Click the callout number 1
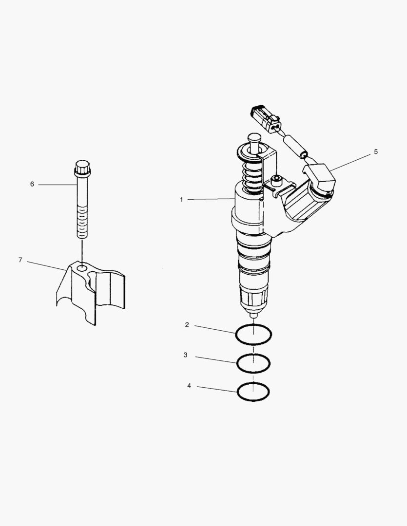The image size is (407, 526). [181, 199]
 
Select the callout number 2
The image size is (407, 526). [187, 325]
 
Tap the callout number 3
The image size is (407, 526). [185, 356]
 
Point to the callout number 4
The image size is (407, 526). [189, 386]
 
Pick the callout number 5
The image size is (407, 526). [375, 151]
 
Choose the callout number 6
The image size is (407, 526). [32, 184]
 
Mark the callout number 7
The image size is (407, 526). [20, 260]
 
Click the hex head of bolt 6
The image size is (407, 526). [82, 168]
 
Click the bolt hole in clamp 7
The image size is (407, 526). [82, 267]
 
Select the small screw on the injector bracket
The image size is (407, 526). [276, 180]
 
